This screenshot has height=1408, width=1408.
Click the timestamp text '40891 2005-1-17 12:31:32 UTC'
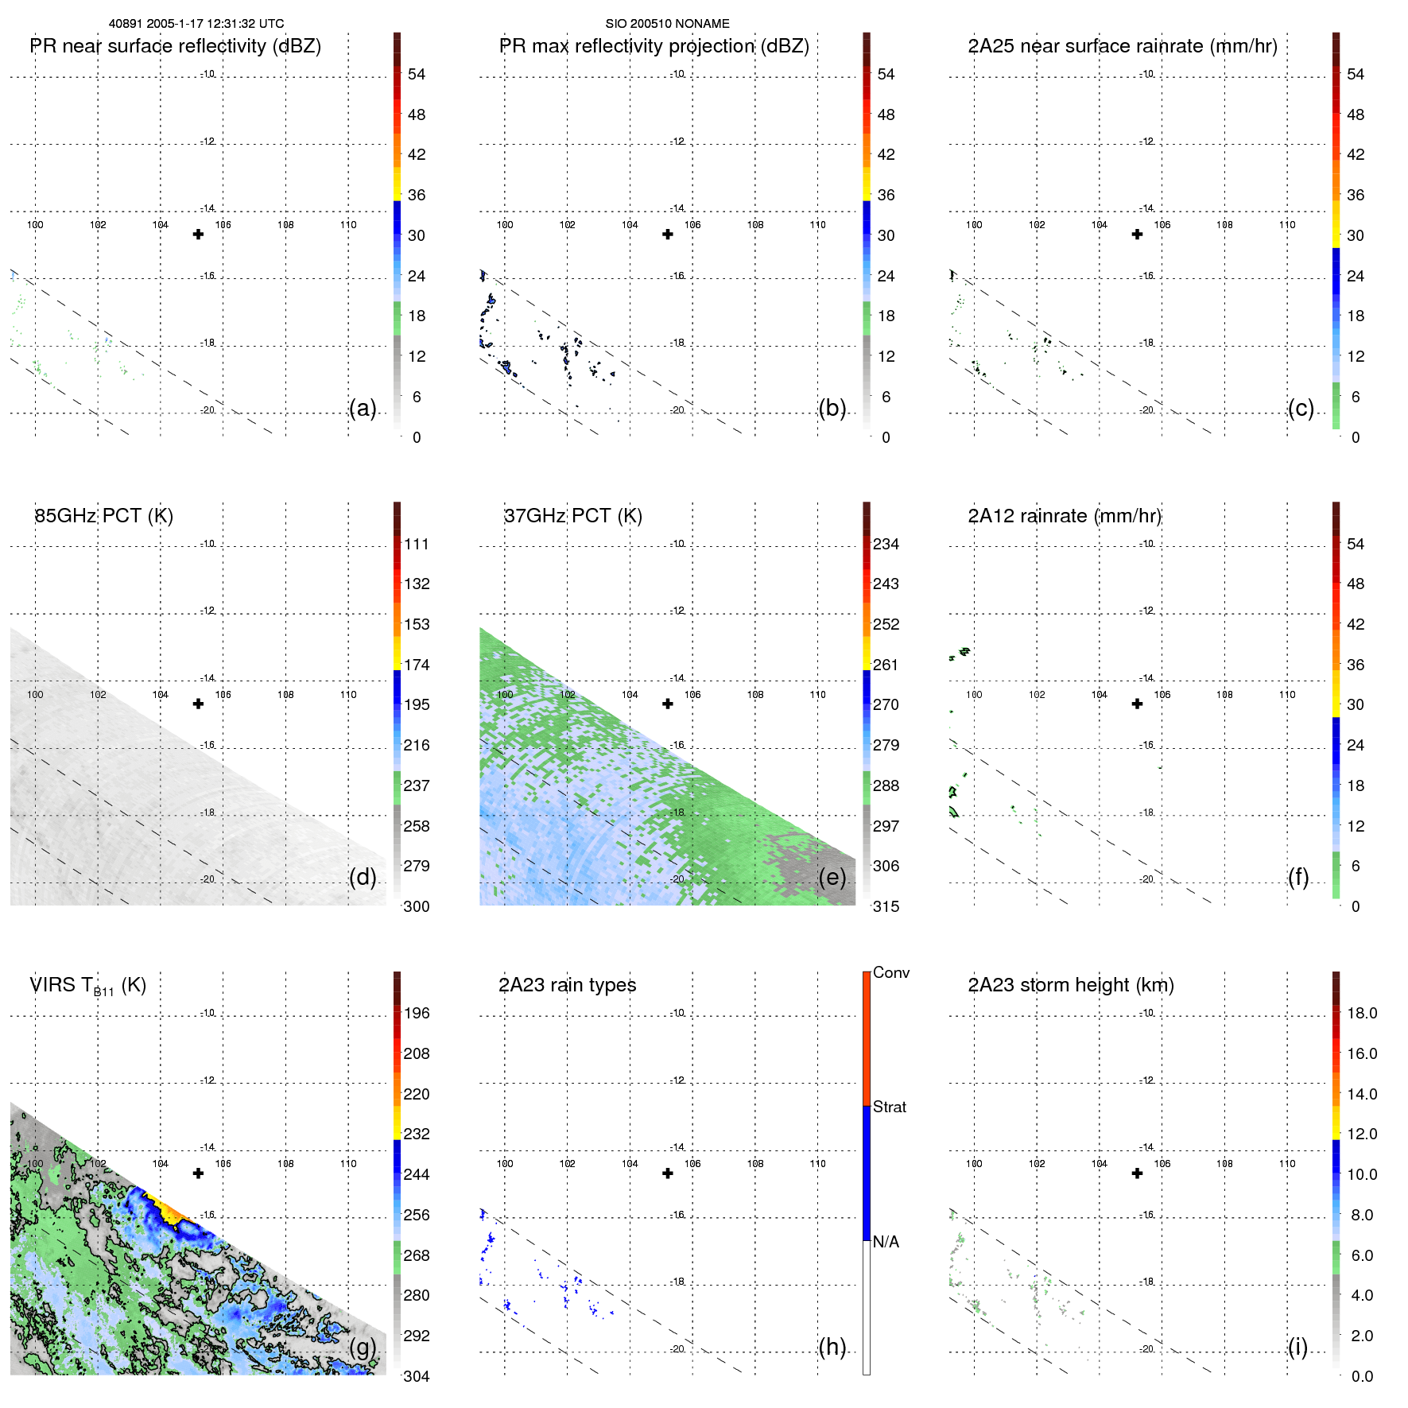[x=196, y=24]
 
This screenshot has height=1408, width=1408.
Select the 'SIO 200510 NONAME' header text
[x=667, y=24]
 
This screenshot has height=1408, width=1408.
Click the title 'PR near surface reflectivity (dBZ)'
[x=175, y=46]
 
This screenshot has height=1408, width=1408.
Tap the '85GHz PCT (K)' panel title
[x=103, y=516]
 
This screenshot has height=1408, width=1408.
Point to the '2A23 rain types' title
[x=567, y=985]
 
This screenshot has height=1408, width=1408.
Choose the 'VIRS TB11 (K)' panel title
[x=87, y=986]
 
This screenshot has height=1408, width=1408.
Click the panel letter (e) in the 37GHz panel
[x=832, y=877]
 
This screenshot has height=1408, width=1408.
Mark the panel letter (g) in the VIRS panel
[x=363, y=1347]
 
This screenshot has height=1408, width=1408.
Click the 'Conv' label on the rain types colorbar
[x=891, y=972]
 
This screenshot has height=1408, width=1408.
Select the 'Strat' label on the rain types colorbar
[x=890, y=1107]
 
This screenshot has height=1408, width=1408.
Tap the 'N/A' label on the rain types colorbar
[x=886, y=1242]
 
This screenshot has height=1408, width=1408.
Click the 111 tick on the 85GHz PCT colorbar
[x=417, y=544]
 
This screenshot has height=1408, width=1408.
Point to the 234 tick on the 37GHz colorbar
[x=886, y=544]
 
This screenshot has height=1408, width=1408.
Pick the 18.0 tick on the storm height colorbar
[x=1362, y=1013]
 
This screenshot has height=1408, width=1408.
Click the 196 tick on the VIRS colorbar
[x=417, y=1013]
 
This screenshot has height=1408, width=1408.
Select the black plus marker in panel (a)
[x=199, y=235]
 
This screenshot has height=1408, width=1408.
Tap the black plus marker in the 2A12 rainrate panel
[x=1138, y=704]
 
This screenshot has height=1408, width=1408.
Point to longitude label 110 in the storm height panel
[x=1287, y=1164]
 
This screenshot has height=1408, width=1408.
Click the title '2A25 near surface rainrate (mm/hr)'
[x=1123, y=46]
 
